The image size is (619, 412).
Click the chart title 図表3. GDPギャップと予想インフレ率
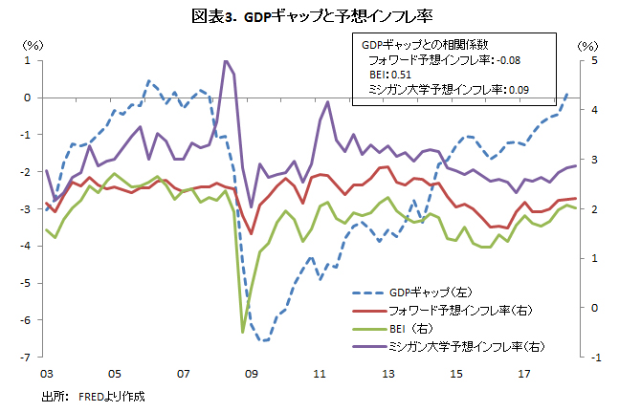tap(308, 16)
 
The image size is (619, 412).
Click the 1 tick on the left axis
tap(29, 60)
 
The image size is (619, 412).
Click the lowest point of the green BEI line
tap(242, 332)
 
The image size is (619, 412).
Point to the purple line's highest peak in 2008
tap(226, 61)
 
